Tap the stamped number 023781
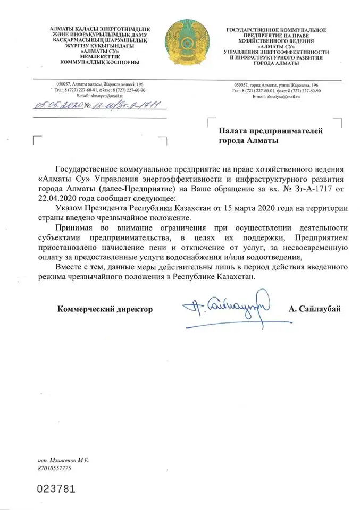[x=55, y=488]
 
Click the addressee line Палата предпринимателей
[x=271, y=131]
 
